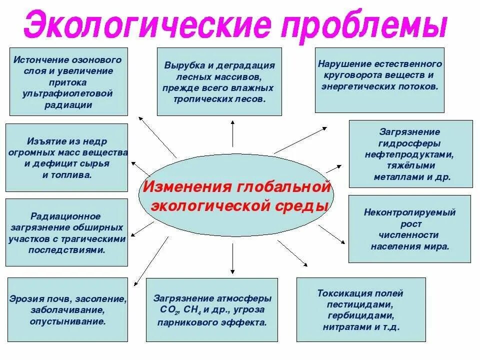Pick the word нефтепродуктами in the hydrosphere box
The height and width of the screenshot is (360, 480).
[x=408, y=154]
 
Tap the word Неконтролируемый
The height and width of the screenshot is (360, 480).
[x=409, y=212]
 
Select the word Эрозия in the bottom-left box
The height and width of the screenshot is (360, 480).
[x=23, y=299]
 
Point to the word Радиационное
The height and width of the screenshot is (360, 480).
[x=65, y=216]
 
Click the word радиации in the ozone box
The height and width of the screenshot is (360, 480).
[x=68, y=105]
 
